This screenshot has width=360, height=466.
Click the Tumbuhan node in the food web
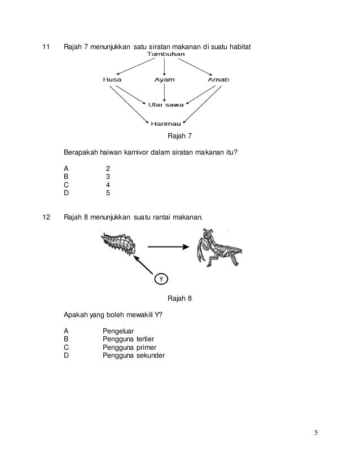click(x=164, y=54)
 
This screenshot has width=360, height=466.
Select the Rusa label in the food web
click(x=112, y=80)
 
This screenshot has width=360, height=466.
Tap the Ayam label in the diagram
click(x=164, y=80)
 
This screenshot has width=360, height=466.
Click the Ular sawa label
click(x=164, y=104)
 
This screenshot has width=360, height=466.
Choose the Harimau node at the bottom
click(x=164, y=124)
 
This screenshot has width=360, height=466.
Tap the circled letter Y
click(x=161, y=279)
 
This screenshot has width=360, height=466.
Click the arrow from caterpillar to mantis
click(x=168, y=247)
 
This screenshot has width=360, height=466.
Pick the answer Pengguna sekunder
click(x=134, y=355)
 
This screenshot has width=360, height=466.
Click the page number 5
click(x=316, y=433)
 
